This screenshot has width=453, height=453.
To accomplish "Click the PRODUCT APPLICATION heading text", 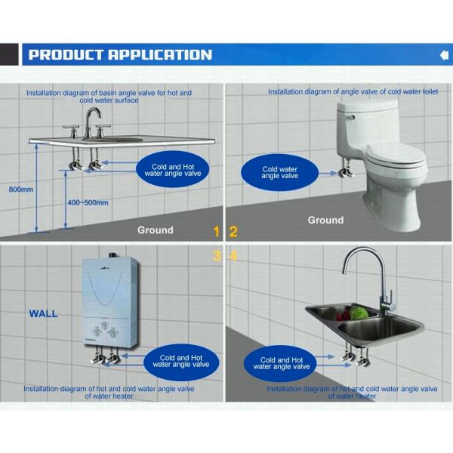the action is [x=120, y=54].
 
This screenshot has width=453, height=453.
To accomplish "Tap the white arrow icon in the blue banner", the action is [x=445, y=55].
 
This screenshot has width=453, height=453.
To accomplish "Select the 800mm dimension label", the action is [x=21, y=190].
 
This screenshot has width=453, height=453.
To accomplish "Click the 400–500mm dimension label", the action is [x=88, y=202].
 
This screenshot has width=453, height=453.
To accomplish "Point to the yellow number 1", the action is [x=217, y=232].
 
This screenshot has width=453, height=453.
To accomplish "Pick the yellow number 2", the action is [x=233, y=232].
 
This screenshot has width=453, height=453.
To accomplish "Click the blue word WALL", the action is [x=43, y=314].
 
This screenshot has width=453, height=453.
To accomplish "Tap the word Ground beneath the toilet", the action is [x=325, y=220].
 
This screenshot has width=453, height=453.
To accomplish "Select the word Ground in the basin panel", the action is [x=156, y=230].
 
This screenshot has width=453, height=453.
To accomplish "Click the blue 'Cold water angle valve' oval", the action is [x=279, y=172].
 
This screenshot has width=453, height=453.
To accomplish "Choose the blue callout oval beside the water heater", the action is [x=181, y=362].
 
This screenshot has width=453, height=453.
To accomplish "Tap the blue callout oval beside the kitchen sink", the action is [x=280, y=363].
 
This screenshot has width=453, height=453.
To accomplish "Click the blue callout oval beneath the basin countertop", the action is [x=172, y=170].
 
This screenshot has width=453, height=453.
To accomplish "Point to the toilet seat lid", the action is [x=396, y=156].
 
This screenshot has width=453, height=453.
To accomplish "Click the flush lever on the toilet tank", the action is [x=350, y=117].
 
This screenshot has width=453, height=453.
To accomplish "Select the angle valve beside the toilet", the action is [x=346, y=169].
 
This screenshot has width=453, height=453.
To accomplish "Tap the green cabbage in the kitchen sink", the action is [x=359, y=313].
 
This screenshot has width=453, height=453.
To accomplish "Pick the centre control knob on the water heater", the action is [x=104, y=325].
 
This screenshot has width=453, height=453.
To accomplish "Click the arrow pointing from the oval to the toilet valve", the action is [x=328, y=174].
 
